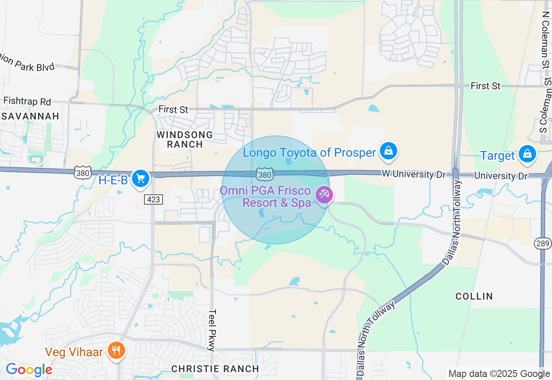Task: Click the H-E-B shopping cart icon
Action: [140, 178]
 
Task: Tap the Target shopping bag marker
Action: [527, 153]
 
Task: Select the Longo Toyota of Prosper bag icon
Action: [388, 151]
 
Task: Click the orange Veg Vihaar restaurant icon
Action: [116, 350]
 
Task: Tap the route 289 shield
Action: [543, 244]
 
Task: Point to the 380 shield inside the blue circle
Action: [264, 174]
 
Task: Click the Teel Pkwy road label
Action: [212, 330]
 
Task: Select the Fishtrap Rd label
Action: [27, 101]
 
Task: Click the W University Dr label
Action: [408, 174]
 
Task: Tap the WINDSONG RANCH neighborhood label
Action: [185, 139]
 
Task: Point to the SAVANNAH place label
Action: [30, 117]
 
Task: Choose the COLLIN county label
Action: [474, 296]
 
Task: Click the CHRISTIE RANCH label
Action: [215, 369]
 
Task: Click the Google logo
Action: [29, 370]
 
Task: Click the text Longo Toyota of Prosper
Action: [309, 153]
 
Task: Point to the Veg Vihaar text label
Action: [74, 352]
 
